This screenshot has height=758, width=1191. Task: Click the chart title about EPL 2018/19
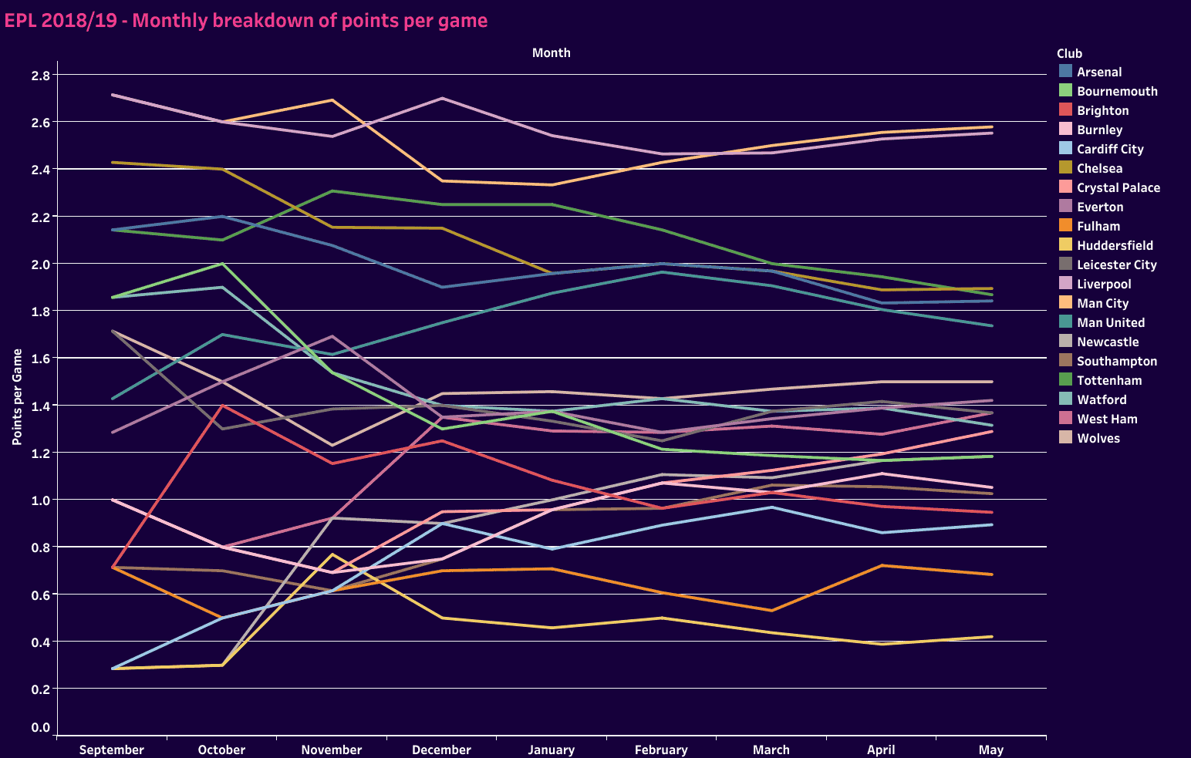pyautogui.click(x=246, y=21)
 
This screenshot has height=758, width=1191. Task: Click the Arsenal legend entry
pyautogui.click(x=1099, y=72)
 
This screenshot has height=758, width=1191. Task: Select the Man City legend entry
pyautogui.click(x=1102, y=303)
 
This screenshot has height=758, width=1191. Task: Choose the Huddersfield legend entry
pyautogui.click(x=1115, y=245)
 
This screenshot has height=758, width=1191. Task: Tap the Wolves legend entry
pyautogui.click(x=1098, y=438)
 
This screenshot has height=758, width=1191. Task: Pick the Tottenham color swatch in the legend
pyautogui.click(x=1066, y=379)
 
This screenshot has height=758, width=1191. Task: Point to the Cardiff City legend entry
pyautogui.click(x=1110, y=149)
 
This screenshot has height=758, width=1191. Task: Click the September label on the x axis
pyautogui.click(x=112, y=750)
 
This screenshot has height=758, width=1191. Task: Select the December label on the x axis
pyautogui.click(x=441, y=750)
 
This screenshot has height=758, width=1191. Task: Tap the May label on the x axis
pyautogui.click(x=991, y=750)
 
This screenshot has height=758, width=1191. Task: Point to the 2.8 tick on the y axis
pyautogui.click(x=41, y=76)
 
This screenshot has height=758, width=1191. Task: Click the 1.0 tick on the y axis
pyautogui.click(x=41, y=500)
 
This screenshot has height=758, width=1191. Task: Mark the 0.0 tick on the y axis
pyautogui.click(x=41, y=727)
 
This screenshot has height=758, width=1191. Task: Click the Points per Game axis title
pyautogui.click(x=17, y=397)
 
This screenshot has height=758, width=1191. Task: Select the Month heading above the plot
pyautogui.click(x=552, y=53)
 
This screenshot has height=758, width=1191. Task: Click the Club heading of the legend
pyautogui.click(x=1069, y=53)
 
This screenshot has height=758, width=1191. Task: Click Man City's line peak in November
pyautogui.click(x=332, y=100)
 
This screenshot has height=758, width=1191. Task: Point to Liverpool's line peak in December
pyautogui.click(x=442, y=98)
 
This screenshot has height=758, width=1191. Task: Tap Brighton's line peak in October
pyautogui.click(x=222, y=406)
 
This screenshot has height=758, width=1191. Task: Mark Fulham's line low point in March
pyautogui.click(x=771, y=611)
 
